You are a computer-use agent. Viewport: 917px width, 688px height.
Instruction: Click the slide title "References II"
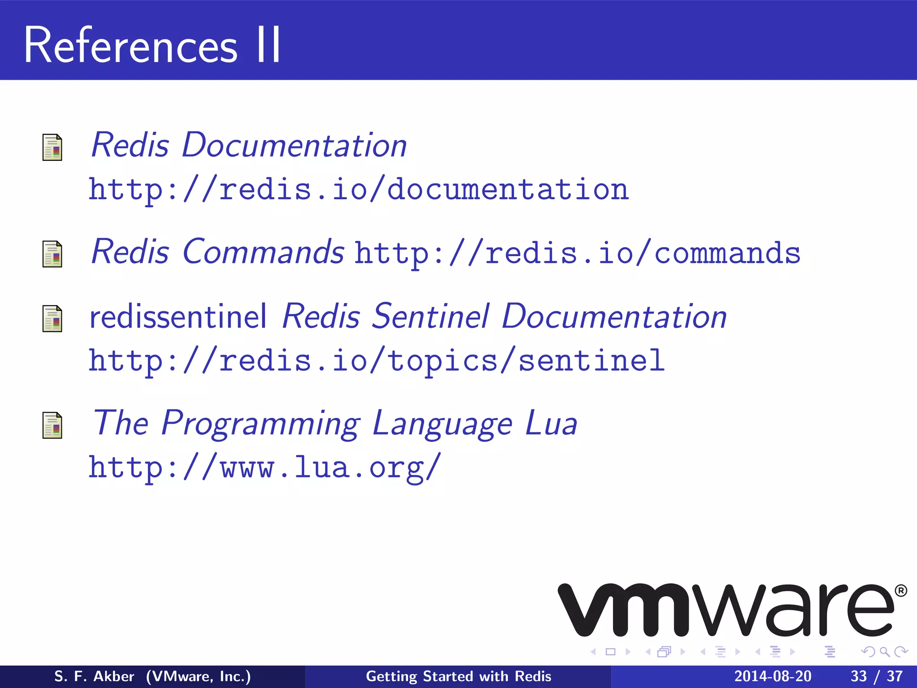click(x=152, y=45)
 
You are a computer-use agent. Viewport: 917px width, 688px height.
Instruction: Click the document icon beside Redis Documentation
click(x=52, y=147)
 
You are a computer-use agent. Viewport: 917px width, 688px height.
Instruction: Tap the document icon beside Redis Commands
click(x=52, y=254)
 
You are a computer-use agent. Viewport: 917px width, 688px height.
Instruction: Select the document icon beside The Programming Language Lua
click(x=52, y=425)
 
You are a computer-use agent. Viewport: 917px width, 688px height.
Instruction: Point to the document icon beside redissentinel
click(x=52, y=318)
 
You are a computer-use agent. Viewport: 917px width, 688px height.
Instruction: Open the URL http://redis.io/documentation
click(x=358, y=189)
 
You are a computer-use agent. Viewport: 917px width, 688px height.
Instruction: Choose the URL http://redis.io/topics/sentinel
click(x=376, y=361)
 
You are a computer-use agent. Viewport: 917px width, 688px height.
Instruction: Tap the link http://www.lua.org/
click(x=264, y=468)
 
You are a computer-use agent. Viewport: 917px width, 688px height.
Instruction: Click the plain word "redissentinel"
click(x=178, y=317)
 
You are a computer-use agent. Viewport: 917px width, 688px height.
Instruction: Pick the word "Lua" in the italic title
click(x=551, y=423)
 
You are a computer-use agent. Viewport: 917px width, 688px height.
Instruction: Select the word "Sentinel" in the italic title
click(x=431, y=317)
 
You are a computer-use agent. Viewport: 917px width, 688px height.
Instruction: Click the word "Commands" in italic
click(x=263, y=252)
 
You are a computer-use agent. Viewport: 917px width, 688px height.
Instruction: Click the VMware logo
click(x=725, y=610)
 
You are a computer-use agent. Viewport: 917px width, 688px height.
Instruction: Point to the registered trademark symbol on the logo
click(x=901, y=591)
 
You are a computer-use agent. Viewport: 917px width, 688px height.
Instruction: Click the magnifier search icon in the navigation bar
click(x=884, y=652)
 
